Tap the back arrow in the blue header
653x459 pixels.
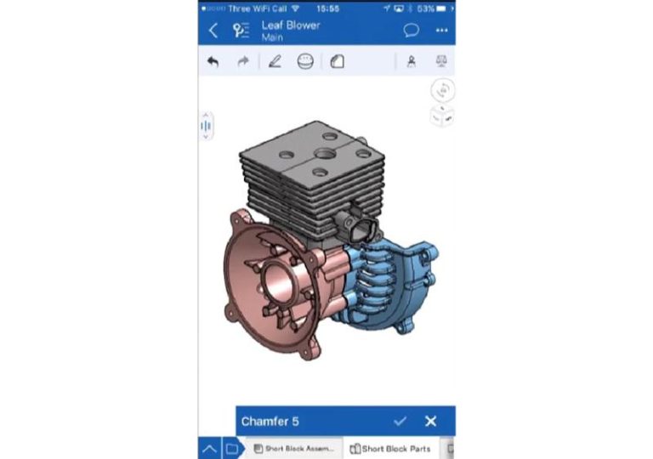coord(213,31)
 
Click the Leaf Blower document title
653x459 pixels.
coord(290,25)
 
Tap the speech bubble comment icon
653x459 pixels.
coord(411,31)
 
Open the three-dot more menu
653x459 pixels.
coord(441,31)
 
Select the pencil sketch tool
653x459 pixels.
coord(275,62)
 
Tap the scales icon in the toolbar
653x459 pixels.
coord(441,62)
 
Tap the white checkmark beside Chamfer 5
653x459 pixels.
coord(400,421)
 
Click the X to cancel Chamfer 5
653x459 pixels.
coord(430,421)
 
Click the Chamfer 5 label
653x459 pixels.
coord(270,422)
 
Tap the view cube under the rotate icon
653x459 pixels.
coord(442,116)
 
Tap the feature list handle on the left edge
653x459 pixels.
coord(205,127)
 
